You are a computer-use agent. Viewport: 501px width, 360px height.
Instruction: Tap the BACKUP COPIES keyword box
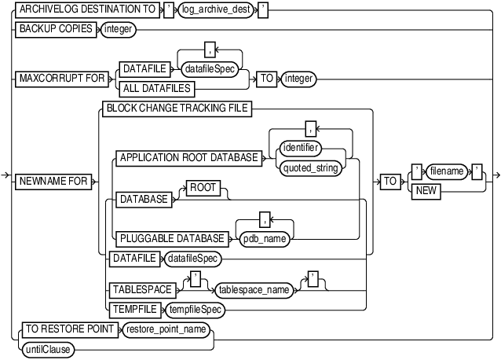[x=56, y=29]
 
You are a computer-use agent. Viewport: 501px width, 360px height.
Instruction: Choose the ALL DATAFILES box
[x=155, y=88]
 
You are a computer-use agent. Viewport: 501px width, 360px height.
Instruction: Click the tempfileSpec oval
[x=194, y=310]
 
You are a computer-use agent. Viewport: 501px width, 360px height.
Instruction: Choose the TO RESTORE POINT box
[x=67, y=329]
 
